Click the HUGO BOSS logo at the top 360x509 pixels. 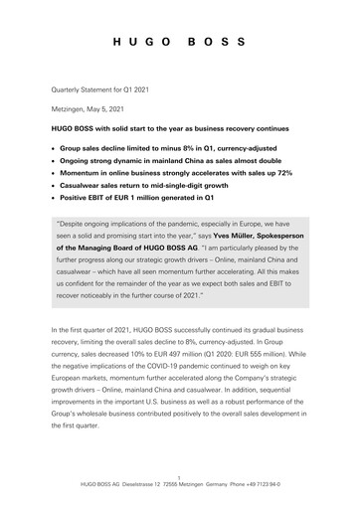(x=179, y=44)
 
